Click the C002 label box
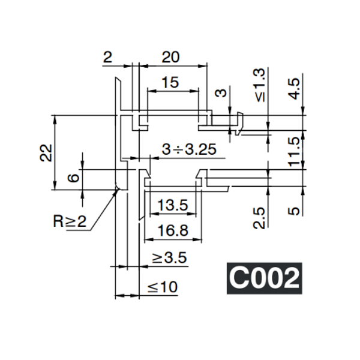click(264, 278)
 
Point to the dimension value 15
click(170, 83)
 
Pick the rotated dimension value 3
click(221, 94)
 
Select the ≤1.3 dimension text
click(259, 84)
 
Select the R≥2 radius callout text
click(70, 221)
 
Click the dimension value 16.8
click(173, 230)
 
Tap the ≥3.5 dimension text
click(169, 258)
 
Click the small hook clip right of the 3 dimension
click(239, 123)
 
